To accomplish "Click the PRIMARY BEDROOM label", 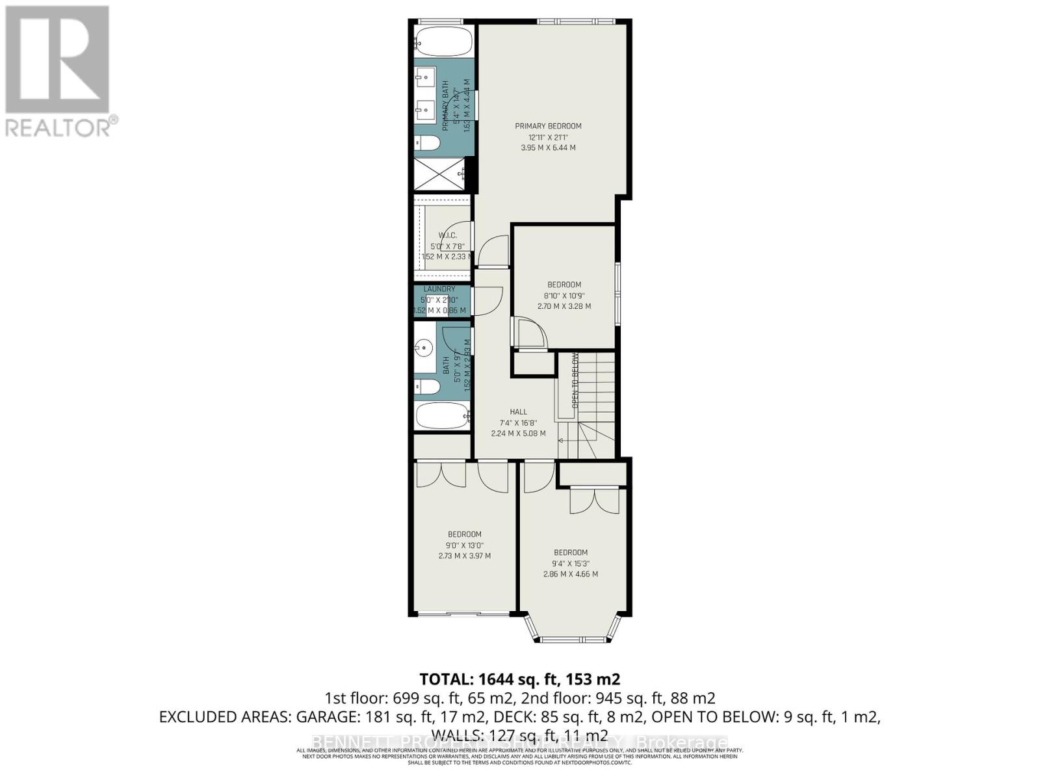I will coord(548,126).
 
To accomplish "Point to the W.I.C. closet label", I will coord(447,235).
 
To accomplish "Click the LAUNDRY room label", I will coord(439,289).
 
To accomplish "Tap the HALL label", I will coord(518,411).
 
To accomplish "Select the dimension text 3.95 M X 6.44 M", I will coord(548,148).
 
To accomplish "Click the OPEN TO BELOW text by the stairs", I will coord(575,380).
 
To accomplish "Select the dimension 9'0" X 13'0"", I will coord(464,545).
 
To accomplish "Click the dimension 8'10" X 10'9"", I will coord(564,295).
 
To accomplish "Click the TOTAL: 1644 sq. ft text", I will coord(519,679).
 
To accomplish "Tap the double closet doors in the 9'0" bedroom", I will coord(441,474).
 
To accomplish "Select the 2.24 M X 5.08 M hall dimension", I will coord(518,433).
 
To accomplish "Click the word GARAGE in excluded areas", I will coord(326,717).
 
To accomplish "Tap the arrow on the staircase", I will coord(563,440).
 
